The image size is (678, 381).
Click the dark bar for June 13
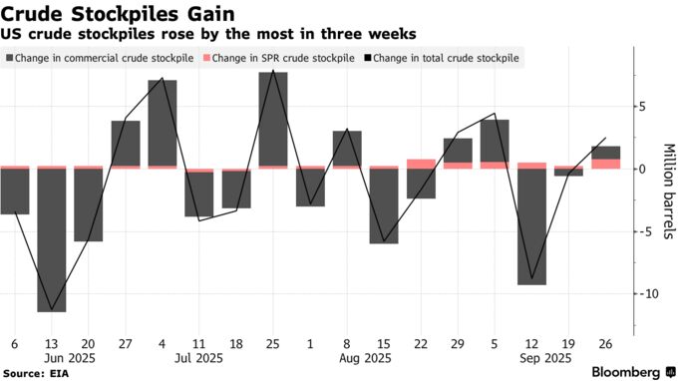(x=52, y=239)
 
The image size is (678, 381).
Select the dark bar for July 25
(x=273, y=120)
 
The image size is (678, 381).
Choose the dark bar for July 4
(x=163, y=124)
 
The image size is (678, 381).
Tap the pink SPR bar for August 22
(x=421, y=164)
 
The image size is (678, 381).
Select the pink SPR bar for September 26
(x=605, y=164)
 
